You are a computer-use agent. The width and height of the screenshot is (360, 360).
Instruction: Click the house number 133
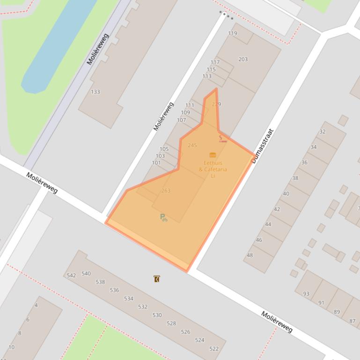[95, 92]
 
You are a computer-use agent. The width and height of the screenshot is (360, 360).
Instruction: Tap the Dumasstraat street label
[262, 146]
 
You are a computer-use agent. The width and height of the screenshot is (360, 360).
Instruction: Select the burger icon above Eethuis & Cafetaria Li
[213, 155]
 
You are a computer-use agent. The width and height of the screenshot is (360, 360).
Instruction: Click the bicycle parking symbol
[163, 217]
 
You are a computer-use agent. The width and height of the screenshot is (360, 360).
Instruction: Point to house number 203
[242, 59]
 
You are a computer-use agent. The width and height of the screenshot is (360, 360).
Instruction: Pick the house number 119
[233, 33]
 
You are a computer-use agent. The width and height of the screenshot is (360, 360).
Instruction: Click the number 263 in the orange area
[166, 191]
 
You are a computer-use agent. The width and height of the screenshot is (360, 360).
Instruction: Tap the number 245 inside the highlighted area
[192, 145]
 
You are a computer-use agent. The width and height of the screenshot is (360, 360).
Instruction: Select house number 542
[71, 275]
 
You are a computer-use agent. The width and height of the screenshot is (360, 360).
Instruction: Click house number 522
[214, 349]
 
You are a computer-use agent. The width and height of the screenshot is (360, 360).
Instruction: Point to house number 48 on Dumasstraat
[250, 255]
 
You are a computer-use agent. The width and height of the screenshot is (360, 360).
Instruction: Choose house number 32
[322, 132]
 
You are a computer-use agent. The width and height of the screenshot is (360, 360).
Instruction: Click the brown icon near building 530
[156, 279]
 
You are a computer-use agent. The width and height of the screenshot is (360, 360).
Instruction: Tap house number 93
[306, 294]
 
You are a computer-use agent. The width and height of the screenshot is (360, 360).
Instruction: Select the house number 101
[156, 163]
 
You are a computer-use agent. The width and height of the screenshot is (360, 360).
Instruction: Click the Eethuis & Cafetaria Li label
[213, 169]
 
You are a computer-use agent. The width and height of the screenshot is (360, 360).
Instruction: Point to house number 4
[36, 305]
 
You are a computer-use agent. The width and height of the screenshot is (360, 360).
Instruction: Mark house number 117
[215, 62]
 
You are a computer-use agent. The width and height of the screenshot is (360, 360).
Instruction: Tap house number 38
[295, 178]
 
